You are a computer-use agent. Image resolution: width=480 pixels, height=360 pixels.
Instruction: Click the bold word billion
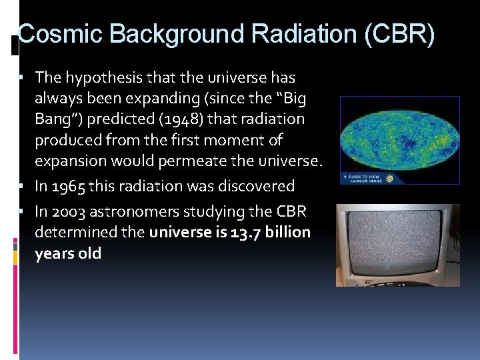[x=287, y=232]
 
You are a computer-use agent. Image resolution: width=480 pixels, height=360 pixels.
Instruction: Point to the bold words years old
[x=68, y=253]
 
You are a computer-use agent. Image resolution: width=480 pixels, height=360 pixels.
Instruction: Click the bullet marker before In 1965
[x=22, y=187]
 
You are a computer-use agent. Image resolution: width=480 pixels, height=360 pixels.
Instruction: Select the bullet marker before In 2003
[x=22, y=212]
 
